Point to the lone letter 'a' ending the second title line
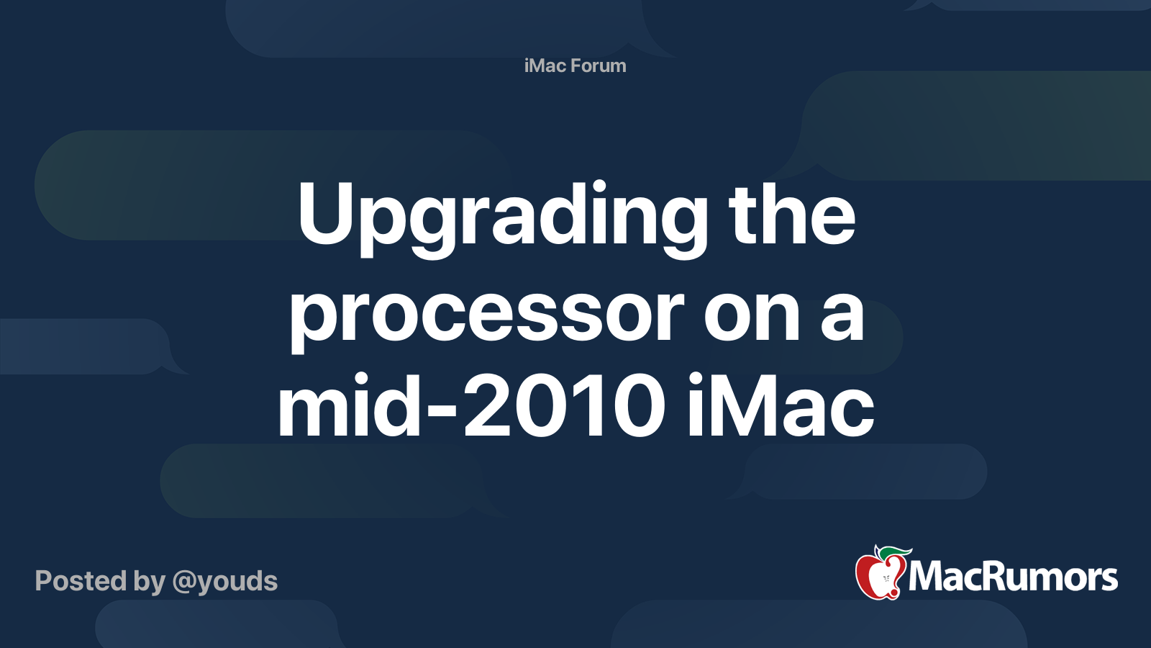tap(842, 317)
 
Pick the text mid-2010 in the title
tap(471, 407)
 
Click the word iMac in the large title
tap(781, 407)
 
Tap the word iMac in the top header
tap(545, 66)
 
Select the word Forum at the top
tap(599, 66)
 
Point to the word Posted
tap(80, 581)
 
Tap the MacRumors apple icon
tap(880, 575)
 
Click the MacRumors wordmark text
tap(1013, 577)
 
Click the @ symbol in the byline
tap(184, 582)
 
